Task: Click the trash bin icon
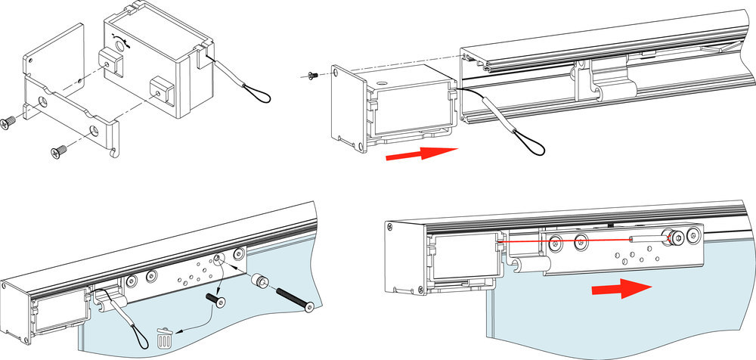(164, 337)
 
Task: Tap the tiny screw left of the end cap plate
(314, 75)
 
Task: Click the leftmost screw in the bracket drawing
(10, 122)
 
